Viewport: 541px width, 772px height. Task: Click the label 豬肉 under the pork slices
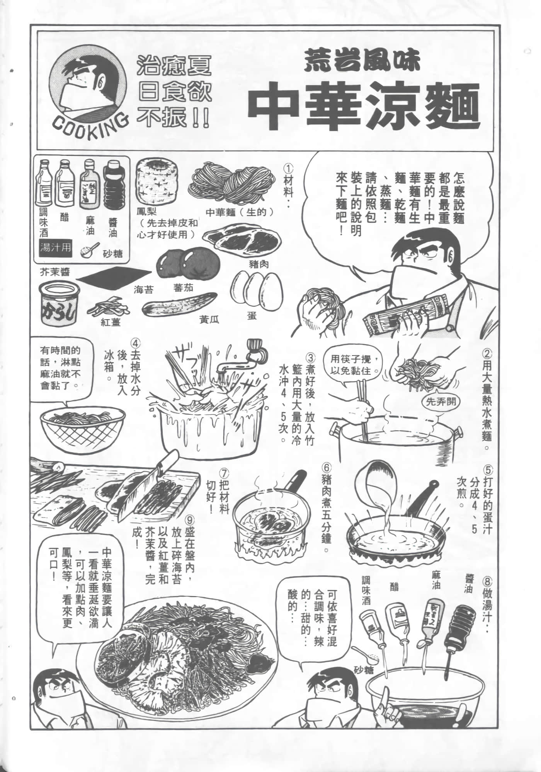(259, 265)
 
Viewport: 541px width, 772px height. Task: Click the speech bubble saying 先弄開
(440, 401)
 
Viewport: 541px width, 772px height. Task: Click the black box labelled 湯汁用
(56, 247)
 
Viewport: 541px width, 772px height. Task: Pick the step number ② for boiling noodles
(488, 354)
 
